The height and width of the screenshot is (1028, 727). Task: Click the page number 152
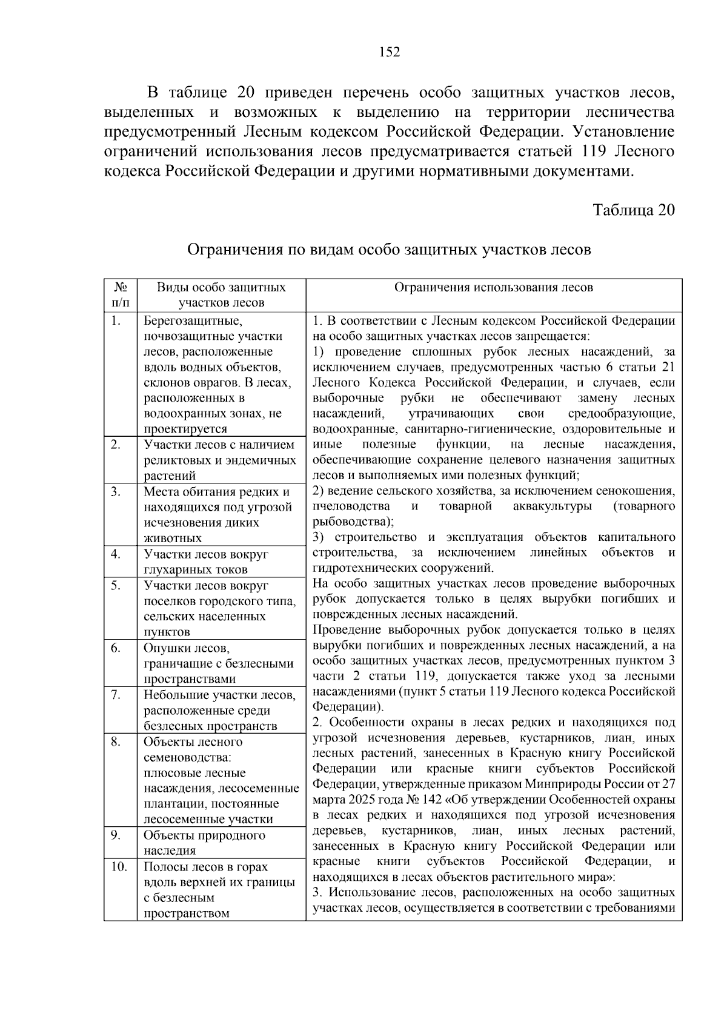pyautogui.click(x=390, y=53)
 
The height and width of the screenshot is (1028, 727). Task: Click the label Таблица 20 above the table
pyautogui.click(x=633, y=210)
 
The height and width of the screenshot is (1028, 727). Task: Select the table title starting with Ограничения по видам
pyautogui.click(x=389, y=250)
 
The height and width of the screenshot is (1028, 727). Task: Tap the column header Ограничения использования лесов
pyautogui.click(x=494, y=288)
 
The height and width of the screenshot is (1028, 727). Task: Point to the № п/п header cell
pyautogui.click(x=120, y=295)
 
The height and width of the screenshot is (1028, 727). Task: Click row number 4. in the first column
pyautogui.click(x=115, y=554)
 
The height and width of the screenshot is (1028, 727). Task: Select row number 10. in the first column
pyautogui.click(x=118, y=867)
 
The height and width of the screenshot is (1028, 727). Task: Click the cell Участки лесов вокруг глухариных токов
pyautogui.click(x=206, y=562)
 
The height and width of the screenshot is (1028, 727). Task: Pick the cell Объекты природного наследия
pyautogui.click(x=204, y=843)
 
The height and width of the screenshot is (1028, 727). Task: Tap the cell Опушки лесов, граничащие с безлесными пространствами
pyautogui.click(x=218, y=663)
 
